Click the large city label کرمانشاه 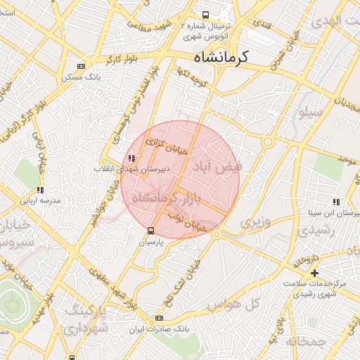pyautogui.click(x=232, y=58)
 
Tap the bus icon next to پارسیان pyautogui.click(x=150, y=231)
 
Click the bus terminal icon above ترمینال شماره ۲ pyautogui.click(x=205, y=15)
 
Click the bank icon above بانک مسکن pyautogui.click(x=81, y=67)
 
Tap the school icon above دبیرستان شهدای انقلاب pyautogui.click(x=131, y=158)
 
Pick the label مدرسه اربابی pyautogui.click(x=41, y=200)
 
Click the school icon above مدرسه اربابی pyautogui.click(x=40, y=190)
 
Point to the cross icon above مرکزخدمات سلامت pyautogui.click(x=314, y=272)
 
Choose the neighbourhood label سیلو pyautogui.click(x=310, y=112)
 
